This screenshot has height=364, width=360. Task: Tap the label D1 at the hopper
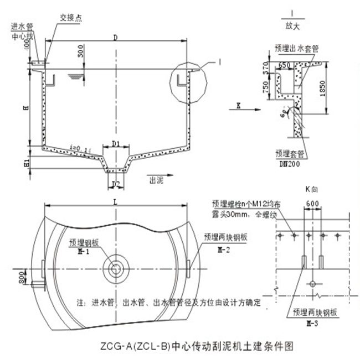coord(116,144)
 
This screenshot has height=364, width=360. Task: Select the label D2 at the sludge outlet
coord(116,183)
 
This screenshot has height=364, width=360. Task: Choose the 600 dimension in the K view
coord(312,203)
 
